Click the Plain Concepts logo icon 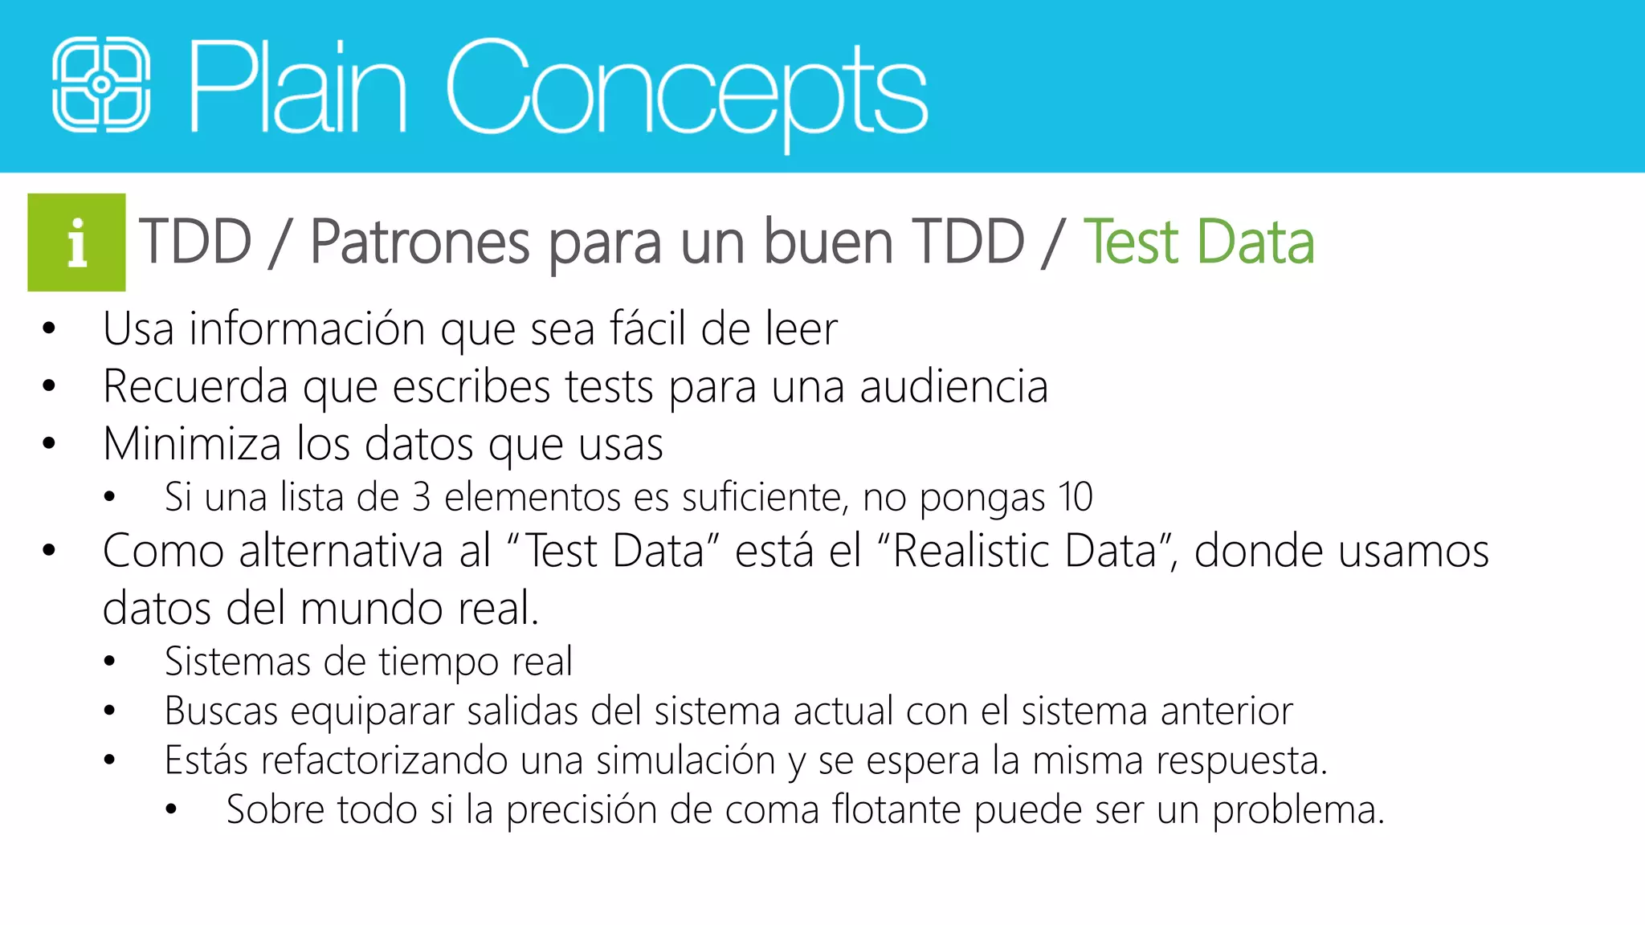point(101,84)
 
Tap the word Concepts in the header point(687,88)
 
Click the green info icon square point(76,242)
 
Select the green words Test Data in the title point(1198,242)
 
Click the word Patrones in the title point(420,242)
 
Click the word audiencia point(953,386)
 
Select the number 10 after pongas point(1075,497)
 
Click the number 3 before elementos point(421,497)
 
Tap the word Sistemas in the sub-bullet point(238,662)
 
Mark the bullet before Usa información point(49,329)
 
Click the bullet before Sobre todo point(171,810)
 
